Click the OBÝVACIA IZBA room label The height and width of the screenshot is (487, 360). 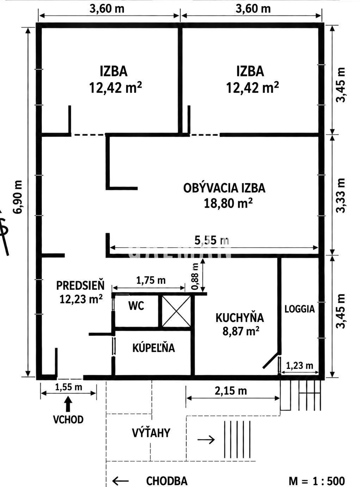pos(224,188)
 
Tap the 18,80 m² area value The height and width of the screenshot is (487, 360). pos(228,203)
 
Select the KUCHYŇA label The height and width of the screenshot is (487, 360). pos(240,318)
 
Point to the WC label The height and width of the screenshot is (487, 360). pos(136,306)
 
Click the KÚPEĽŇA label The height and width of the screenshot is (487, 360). pos(154,348)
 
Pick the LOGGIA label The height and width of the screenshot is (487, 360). pos(300,309)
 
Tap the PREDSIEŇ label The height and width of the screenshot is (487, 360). pos(80,286)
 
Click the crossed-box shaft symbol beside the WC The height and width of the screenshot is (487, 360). pos(176,311)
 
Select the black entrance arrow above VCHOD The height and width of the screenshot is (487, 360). pos(69,404)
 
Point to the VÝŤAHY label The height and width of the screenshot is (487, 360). pos(151,433)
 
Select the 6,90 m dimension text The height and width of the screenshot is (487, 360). pos(17,197)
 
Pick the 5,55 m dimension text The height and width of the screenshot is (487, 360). pos(212,240)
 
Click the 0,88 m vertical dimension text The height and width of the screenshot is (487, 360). pos(195,277)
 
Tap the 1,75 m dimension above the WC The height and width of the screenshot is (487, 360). pos(151,280)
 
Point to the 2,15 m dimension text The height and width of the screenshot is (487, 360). pos(231,391)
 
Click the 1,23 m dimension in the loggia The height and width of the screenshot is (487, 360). pos(300,366)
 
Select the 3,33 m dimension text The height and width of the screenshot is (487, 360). pos(341,195)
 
